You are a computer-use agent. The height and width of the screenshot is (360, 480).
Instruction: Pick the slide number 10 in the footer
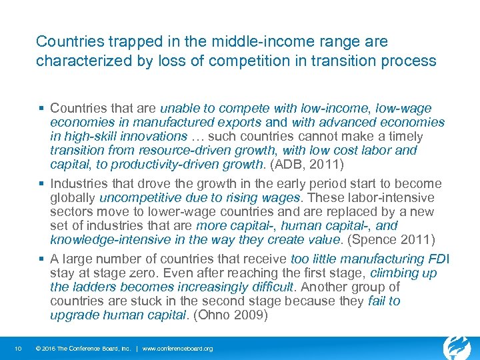coord(21,349)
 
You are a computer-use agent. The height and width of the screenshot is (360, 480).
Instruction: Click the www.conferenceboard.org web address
coord(178,349)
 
